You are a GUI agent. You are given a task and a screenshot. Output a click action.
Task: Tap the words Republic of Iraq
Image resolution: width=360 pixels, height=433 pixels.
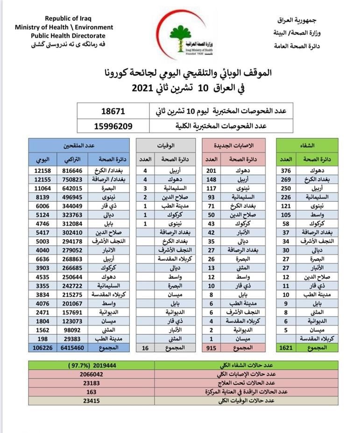(x=64, y=19)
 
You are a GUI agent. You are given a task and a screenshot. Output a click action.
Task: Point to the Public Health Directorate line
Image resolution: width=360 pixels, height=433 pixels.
(x=68, y=35)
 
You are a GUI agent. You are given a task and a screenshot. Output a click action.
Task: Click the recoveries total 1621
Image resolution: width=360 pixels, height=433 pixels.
(x=286, y=348)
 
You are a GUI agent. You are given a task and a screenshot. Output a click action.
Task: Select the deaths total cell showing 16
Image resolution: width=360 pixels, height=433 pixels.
(x=145, y=348)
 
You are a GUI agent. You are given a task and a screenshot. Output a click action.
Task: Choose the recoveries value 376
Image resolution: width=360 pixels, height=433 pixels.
(x=286, y=170)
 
